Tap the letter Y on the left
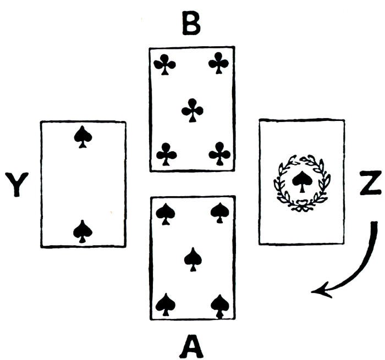[x=16, y=185]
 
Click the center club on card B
[x=192, y=109]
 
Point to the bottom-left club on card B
[x=166, y=154]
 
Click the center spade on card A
[x=192, y=258]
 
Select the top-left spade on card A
[x=165, y=213]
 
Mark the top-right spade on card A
[x=219, y=213]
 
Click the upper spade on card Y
[x=82, y=137]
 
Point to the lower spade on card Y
[x=82, y=231]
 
